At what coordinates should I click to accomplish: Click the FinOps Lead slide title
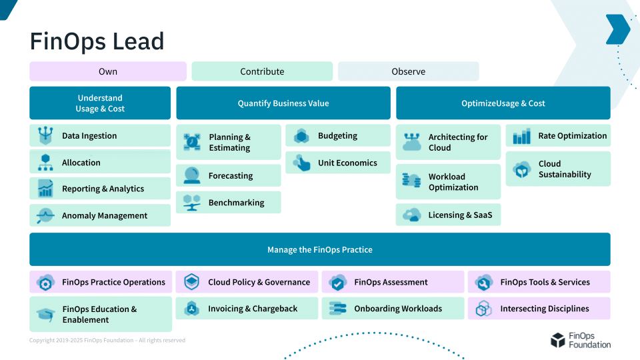click(97, 41)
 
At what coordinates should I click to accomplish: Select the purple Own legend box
click(108, 71)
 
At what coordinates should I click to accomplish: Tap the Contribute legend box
click(262, 71)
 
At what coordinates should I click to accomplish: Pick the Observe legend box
click(408, 71)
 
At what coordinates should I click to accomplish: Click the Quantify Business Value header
click(283, 103)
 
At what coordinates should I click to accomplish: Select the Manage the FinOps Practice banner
click(320, 249)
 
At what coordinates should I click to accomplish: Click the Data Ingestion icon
click(45, 136)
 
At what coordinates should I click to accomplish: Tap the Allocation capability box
click(100, 163)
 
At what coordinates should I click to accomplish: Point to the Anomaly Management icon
click(45, 216)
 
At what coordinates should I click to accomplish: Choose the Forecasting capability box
click(229, 176)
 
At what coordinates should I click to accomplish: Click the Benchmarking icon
click(192, 203)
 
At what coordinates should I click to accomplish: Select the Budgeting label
click(337, 136)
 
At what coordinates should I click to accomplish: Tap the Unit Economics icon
click(301, 163)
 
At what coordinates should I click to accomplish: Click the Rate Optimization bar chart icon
click(521, 136)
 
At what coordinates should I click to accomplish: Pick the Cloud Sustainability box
click(558, 169)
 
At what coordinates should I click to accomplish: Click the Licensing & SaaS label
click(460, 215)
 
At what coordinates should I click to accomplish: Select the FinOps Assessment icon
click(338, 283)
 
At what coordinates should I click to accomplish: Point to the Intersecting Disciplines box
click(539, 309)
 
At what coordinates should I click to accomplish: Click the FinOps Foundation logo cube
click(557, 341)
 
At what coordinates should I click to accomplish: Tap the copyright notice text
click(107, 341)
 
